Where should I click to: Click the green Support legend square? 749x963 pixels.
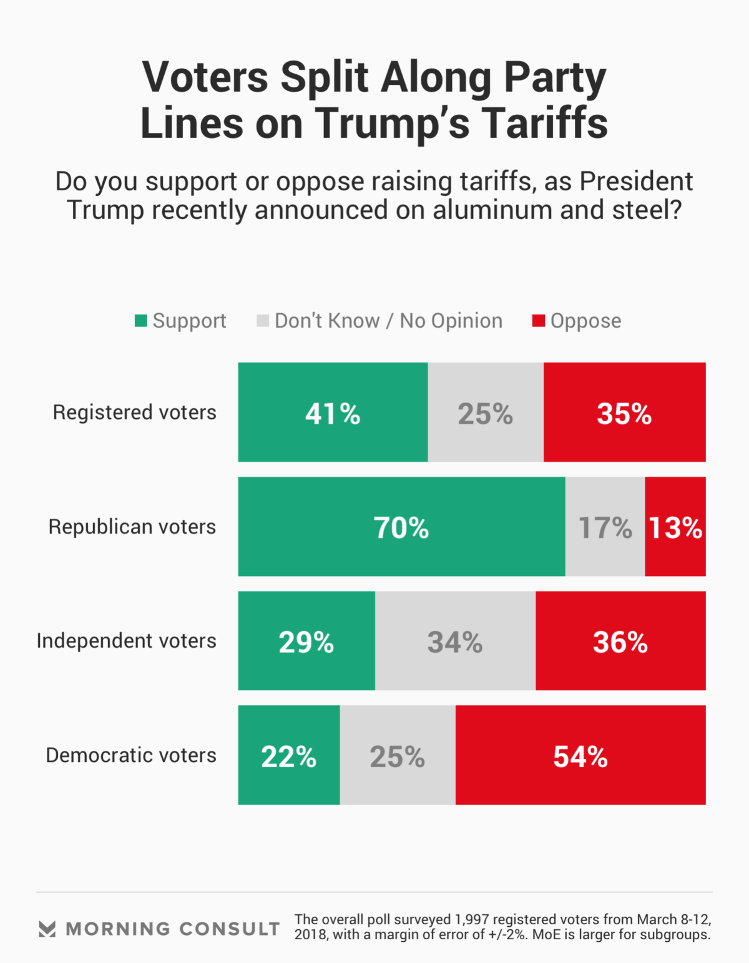coord(141,321)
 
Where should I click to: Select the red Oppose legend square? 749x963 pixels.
coord(538,321)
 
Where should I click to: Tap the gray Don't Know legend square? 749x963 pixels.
coord(263,321)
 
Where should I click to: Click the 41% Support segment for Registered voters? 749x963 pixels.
coord(333,413)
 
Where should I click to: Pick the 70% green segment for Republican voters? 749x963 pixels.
coord(401,527)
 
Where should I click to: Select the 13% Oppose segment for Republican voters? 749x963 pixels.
coord(675,527)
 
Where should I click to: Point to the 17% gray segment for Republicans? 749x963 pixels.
coord(605,527)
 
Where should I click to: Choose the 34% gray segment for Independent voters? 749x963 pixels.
coord(455,641)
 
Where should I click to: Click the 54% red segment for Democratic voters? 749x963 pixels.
coord(580,755)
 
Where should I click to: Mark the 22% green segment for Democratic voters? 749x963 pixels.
coord(289,755)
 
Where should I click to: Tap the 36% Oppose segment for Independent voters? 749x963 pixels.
coord(620,641)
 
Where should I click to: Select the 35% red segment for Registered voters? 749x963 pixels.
coord(624,413)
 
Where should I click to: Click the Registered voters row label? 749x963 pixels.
coord(134,413)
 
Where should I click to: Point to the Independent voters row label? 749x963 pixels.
coord(126,641)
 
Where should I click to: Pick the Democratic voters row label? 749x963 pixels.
coord(131,755)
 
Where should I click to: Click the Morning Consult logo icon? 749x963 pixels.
coord(47,929)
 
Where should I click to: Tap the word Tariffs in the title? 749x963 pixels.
coord(545,123)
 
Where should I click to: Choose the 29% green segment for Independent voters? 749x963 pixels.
coord(306,641)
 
